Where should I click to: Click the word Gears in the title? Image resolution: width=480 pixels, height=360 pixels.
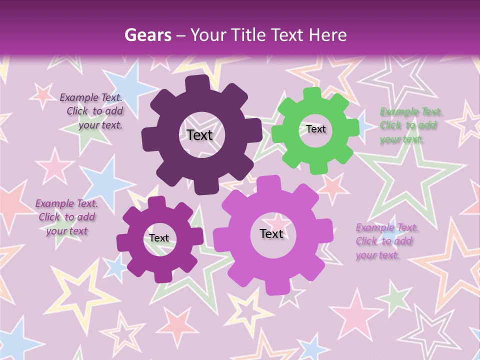148,35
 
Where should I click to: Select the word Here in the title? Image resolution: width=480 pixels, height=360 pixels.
327,35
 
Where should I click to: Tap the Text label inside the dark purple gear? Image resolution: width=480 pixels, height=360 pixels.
199,135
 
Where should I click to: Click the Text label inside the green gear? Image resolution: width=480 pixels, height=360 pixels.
316,129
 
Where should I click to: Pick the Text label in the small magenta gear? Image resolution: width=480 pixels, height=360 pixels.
159,238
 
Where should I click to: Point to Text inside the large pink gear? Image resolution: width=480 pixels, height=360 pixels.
271,234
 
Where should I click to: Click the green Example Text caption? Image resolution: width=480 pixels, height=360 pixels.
411,125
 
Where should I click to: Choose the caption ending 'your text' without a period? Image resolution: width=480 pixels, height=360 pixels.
66,217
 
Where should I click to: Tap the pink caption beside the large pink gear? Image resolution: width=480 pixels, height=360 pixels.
387,241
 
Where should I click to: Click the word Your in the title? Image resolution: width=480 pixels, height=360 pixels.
209,35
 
